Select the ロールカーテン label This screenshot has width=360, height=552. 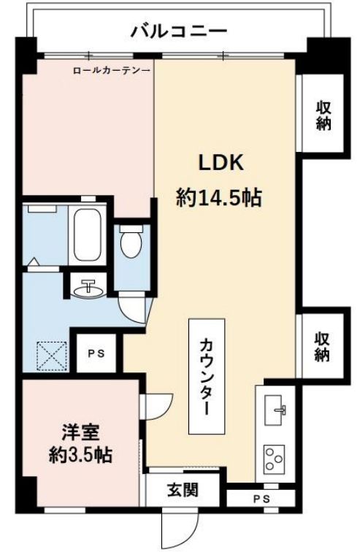coord(112,71)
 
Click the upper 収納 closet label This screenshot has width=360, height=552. coord(323,115)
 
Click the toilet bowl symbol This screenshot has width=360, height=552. coord(131,243)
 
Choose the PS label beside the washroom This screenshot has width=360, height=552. coord(95,353)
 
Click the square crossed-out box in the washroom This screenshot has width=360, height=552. coord(51,356)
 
